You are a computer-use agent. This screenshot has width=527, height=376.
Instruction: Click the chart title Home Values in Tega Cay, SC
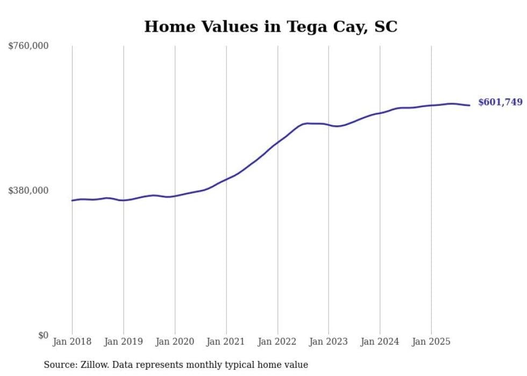(270, 26)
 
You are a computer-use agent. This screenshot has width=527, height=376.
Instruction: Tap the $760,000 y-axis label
(29, 46)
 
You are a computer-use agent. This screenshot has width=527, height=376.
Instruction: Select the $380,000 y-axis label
(29, 190)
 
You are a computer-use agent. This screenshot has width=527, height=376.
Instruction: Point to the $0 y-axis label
(43, 335)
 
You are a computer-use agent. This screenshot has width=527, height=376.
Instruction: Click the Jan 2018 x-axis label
(72, 342)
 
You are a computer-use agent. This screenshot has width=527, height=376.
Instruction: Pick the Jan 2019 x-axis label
(123, 342)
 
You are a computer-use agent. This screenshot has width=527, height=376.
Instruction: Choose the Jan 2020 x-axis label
(175, 342)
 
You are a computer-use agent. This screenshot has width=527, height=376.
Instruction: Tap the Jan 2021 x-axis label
(226, 342)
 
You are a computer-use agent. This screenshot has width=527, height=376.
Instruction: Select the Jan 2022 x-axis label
(277, 342)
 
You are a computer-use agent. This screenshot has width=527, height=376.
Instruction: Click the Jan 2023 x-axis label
(329, 342)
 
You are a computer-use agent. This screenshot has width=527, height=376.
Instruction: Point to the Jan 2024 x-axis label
(380, 342)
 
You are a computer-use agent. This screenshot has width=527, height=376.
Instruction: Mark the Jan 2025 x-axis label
(431, 342)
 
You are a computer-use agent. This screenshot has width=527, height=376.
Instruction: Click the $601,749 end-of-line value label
(500, 102)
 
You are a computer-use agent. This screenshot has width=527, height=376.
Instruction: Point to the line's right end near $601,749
(469, 105)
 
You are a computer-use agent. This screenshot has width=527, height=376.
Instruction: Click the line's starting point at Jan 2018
(72, 201)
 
